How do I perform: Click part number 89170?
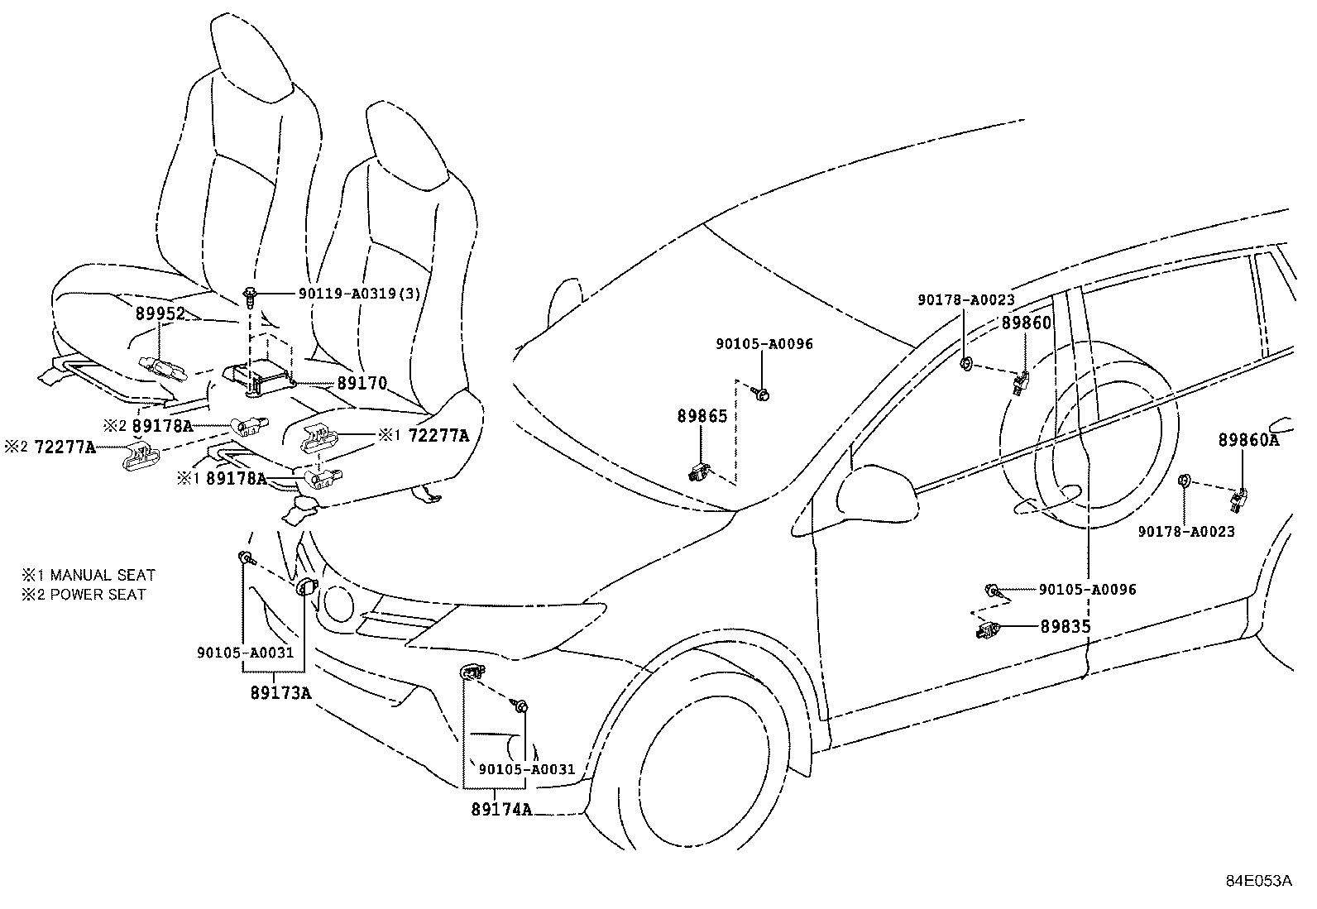coord(362,384)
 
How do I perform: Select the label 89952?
coord(160,314)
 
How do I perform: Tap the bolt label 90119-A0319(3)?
coord(364,294)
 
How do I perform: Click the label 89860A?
coord(1248,441)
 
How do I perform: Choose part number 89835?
coord(1066,627)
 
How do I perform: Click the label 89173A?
coord(280,693)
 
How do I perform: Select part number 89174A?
coord(501,810)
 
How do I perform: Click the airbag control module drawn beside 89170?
coord(259,380)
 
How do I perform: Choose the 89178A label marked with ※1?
coord(235,478)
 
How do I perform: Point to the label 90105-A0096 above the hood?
coord(764,344)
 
